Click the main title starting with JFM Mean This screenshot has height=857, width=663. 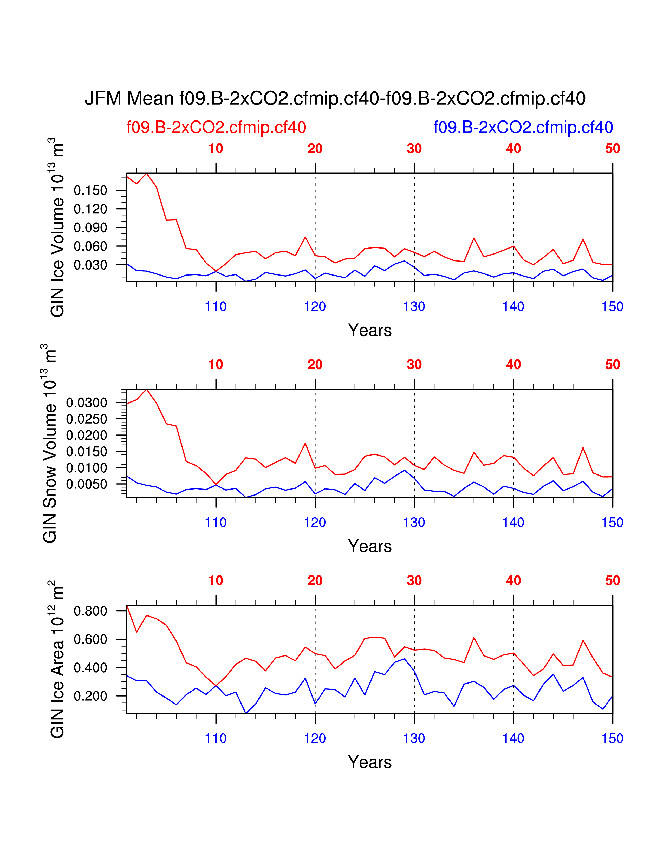pyautogui.click(x=335, y=98)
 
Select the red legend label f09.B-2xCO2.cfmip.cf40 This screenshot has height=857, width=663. pyautogui.click(x=216, y=128)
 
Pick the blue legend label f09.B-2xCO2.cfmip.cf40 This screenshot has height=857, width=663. pyautogui.click(x=523, y=128)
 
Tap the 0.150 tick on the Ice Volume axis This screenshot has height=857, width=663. pyautogui.click(x=90, y=191)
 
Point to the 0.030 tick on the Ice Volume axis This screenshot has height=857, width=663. pyautogui.click(x=90, y=265)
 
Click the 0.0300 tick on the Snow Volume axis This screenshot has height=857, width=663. pyautogui.click(x=86, y=403)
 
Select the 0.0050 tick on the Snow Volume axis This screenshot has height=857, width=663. pyautogui.click(x=86, y=485)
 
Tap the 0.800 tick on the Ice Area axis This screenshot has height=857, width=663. pyautogui.click(x=90, y=611)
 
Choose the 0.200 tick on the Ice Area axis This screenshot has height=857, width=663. pyautogui.click(x=90, y=696)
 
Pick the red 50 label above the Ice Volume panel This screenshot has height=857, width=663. pyautogui.click(x=612, y=149)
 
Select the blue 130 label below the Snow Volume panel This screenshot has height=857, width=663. pyautogui.click(x=414, y=523)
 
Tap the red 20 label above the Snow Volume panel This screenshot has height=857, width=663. pyautogui.click(x=315, y=365)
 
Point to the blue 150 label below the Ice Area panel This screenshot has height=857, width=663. pyautogui.click(x=612, y=739)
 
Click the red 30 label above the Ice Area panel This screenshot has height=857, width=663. pyautogui.click(x=414, y=580)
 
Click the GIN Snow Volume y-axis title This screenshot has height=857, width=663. pyautogui.click(x=50, y=443)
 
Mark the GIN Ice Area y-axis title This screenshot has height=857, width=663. pyautogui.click(x=57, y=659)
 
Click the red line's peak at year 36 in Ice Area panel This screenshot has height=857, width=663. pyautogui.click(x=474, y=638)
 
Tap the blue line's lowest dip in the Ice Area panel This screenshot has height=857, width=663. pyautogui.click(x=246, y=713)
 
